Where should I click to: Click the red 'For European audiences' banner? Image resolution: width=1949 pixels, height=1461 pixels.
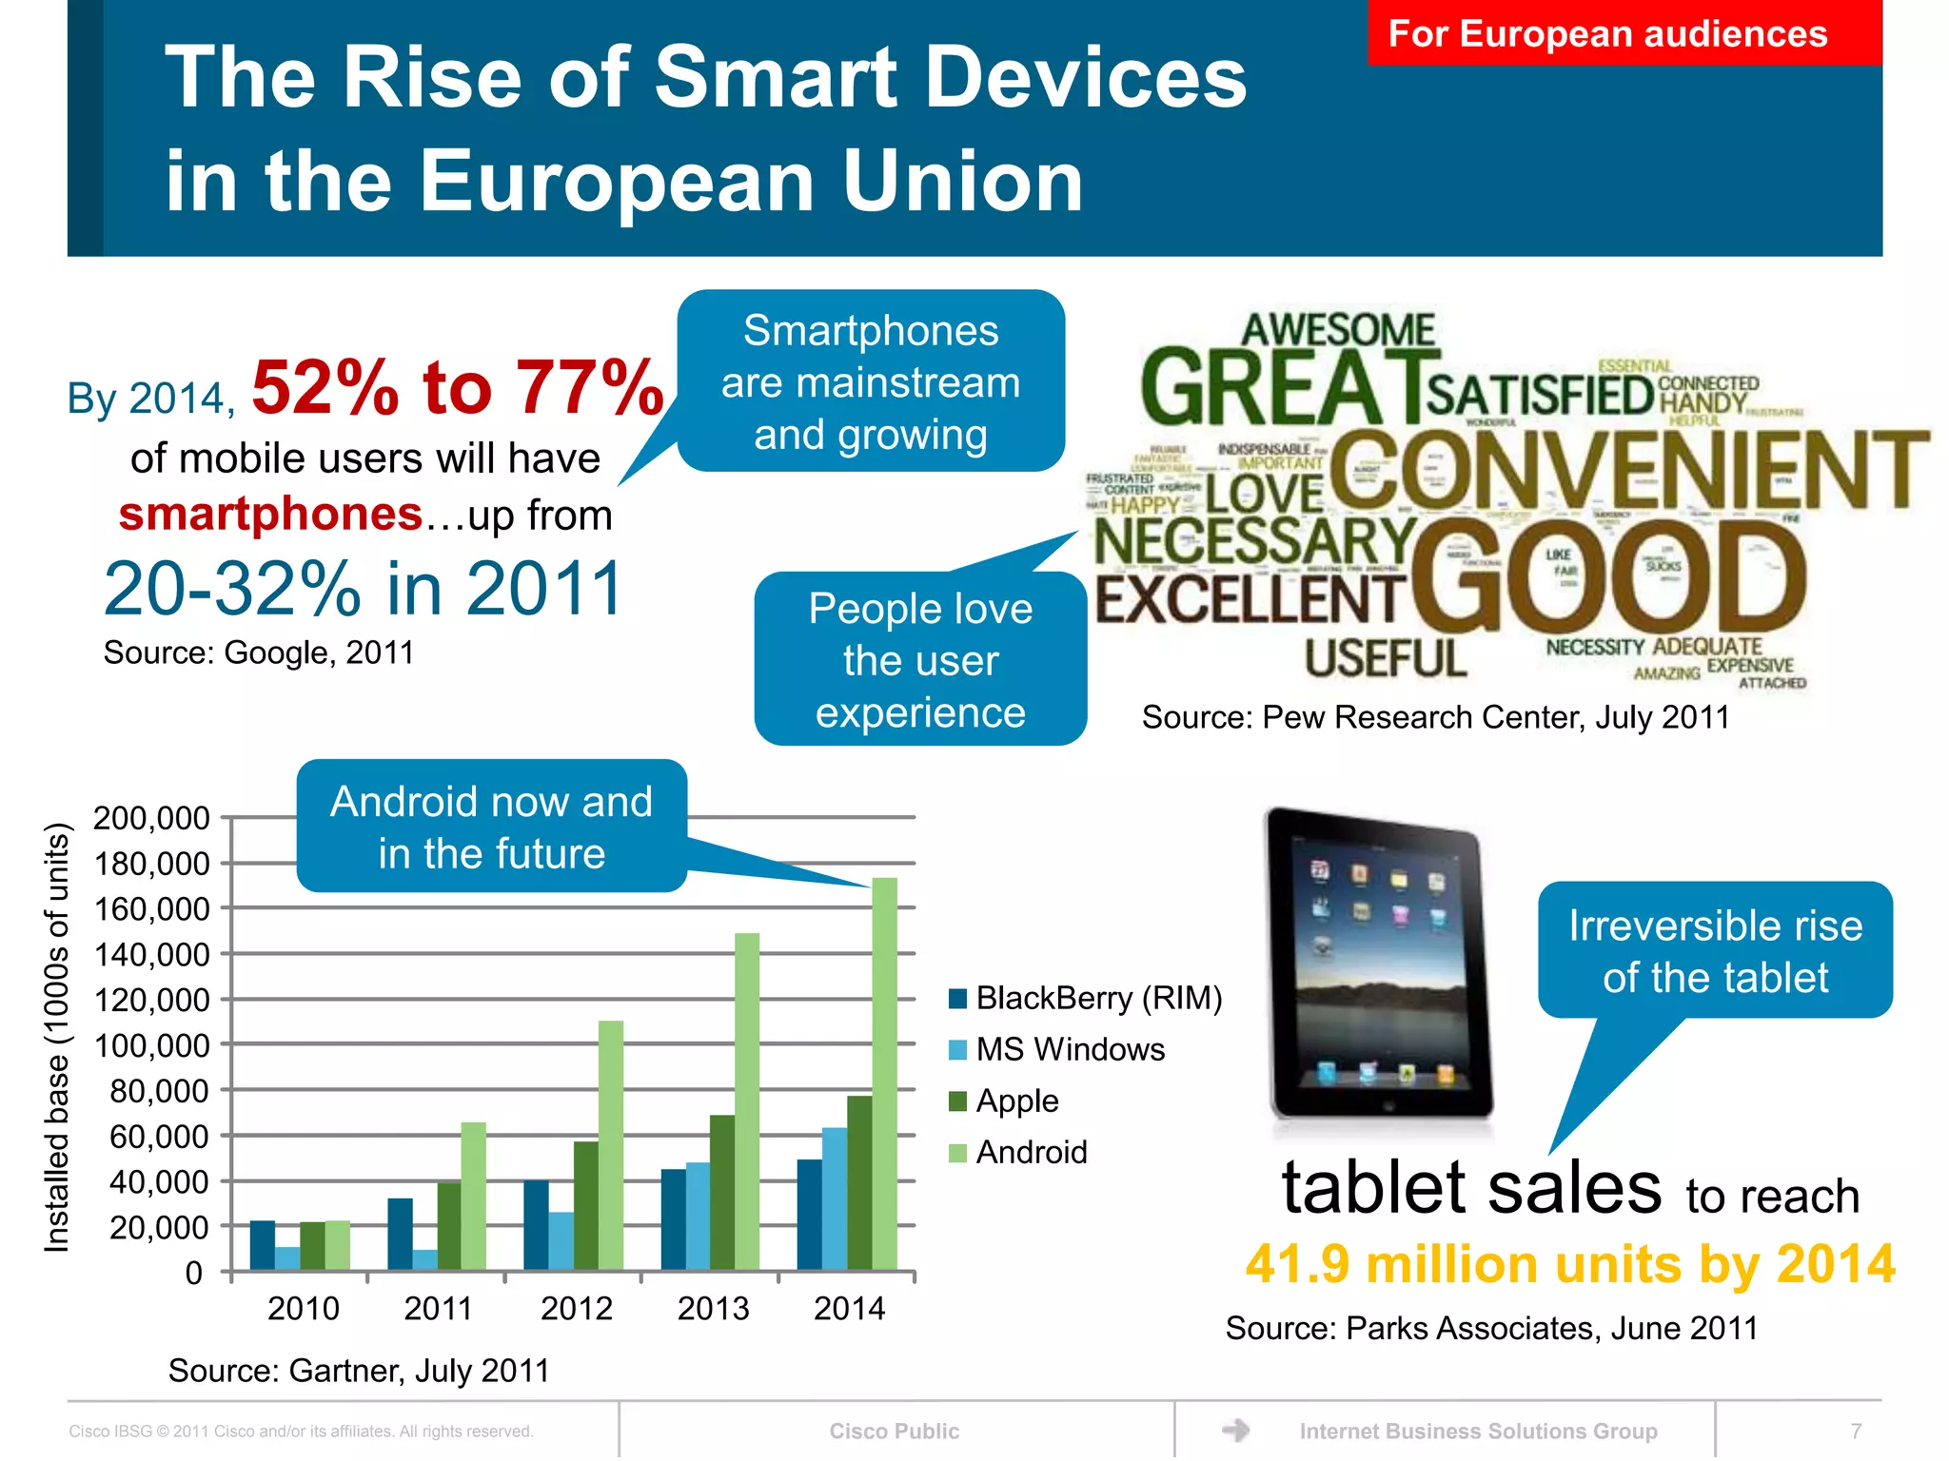pos(1624,33)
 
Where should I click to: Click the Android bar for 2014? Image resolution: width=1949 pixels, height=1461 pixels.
pos(884,1075)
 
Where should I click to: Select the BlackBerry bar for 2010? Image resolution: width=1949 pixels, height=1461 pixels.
pos(262,1245)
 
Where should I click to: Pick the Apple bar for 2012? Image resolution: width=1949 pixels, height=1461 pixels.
pos(586,1205)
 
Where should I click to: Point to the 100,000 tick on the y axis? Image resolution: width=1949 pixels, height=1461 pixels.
pos(151,1045)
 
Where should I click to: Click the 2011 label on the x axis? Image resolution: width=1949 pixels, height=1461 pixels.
pos(438,1309)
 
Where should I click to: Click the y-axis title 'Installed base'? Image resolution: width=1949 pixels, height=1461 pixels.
pos(58,1037)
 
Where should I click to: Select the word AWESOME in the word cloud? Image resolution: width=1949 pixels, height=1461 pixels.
pos(1337,330)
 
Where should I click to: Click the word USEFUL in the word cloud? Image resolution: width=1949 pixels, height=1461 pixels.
pos(1385,658)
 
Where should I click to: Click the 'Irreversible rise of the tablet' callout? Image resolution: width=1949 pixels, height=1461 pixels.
pos(1715,950)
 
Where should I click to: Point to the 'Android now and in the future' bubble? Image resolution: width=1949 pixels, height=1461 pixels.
pos(491,827)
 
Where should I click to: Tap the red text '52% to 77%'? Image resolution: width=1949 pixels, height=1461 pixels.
pos(458,388)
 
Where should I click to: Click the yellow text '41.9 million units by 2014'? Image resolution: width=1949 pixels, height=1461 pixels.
pos(1569,1264)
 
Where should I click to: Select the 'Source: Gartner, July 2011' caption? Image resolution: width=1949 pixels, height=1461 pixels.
pos(359,1371)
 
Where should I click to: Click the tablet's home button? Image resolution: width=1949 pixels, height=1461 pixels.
pos(1388,1106)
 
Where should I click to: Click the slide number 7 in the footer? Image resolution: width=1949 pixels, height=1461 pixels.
pos(1855,1431)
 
